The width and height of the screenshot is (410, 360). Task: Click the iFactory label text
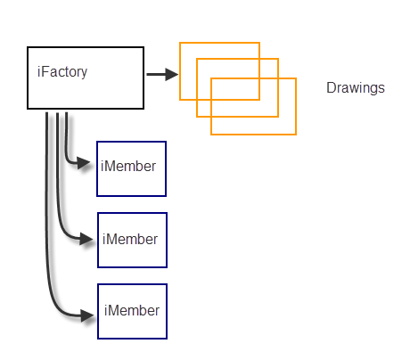tap(62, 72)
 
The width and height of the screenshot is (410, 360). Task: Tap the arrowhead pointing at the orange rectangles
tap(172, 74)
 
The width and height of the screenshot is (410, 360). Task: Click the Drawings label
tap(356, 88)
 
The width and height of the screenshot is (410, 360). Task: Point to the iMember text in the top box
tap(128, 166)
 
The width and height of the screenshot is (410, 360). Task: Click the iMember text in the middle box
tap(130, 239)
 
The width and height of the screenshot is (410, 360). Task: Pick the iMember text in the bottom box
tap(132, 310)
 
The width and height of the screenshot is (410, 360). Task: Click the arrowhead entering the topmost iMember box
tap(84, 163)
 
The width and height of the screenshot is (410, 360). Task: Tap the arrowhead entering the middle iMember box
tap(86, 239)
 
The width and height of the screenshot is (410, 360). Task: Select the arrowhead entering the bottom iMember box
tap(87, 315)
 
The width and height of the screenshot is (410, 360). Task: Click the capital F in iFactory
tap(45, 71)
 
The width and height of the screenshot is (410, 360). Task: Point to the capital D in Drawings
tap(331, 87)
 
